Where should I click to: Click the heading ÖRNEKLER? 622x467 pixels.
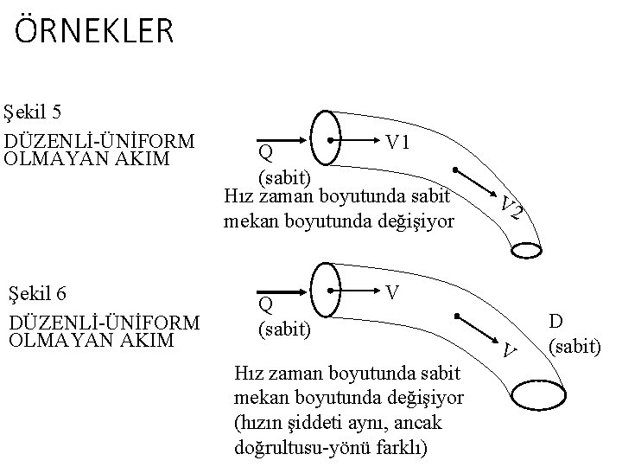click(94, 32)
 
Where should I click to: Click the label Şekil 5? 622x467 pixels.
click(43, 112)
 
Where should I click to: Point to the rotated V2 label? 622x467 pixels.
click(511, 208)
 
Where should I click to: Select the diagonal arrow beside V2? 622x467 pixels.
click(474, 182)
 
